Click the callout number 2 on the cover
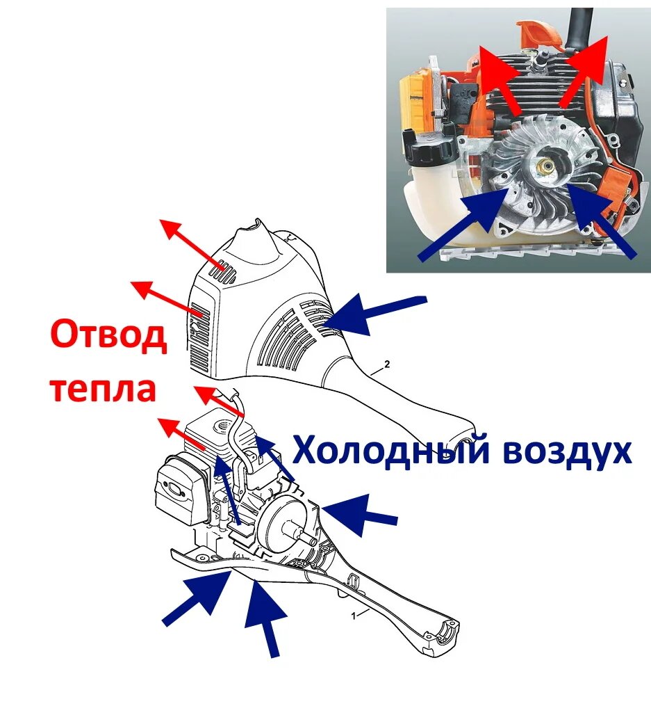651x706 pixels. [387, 364]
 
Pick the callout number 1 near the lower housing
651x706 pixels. [354, 616]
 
